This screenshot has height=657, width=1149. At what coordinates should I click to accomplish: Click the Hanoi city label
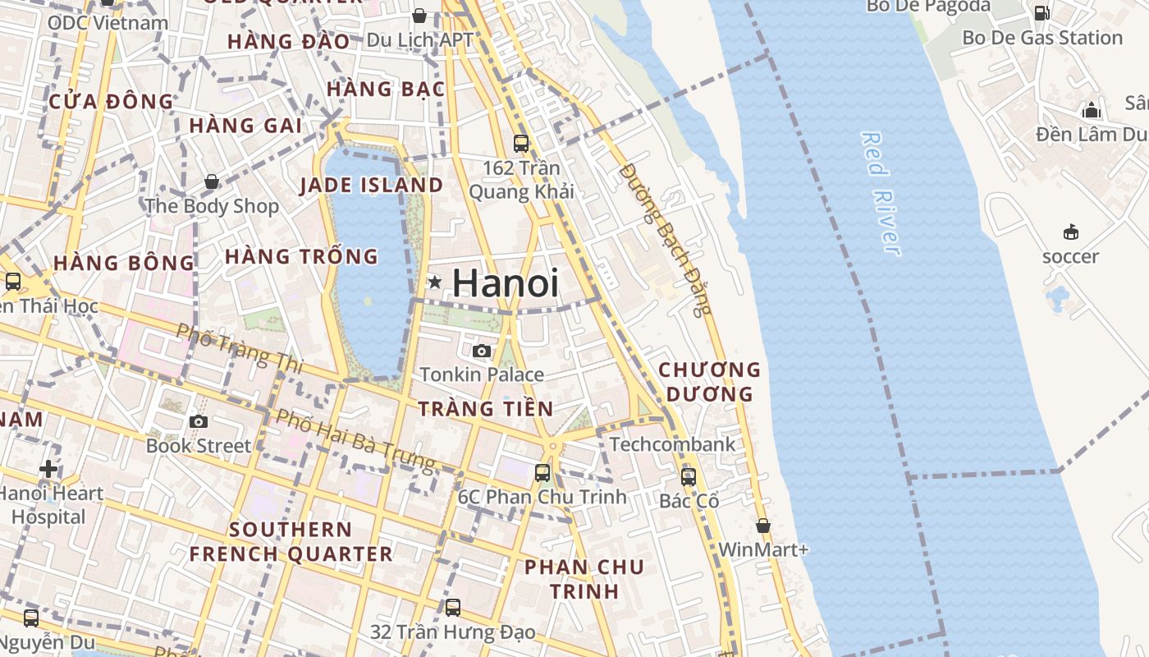pyautogui.click(x=506, y=283)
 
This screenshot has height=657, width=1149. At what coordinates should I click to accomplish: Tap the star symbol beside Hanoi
pyautogui.click(x=435, y=283)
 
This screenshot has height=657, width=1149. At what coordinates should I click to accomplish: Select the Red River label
pyautogui.click(x=880, y=193)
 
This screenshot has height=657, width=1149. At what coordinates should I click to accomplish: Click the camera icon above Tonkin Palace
pyautogui.click(x=482, y=351)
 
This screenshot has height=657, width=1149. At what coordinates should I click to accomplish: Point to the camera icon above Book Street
pyautogui.click(x=198, y=422)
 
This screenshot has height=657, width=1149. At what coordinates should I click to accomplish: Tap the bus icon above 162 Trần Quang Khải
pyautogui.click(x=521, y=144)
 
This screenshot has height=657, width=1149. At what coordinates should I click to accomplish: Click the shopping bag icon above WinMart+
pyautogui.click(x=763, y=526)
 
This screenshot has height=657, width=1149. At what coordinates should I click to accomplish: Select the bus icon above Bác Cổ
pyautogui.click(x=689, y=476)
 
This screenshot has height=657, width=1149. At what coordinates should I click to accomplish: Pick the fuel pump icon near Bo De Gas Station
pyautogui.click(x=1041, y=13)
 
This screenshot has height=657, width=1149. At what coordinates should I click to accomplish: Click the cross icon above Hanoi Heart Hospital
pyautogui.click(x=48, y=469)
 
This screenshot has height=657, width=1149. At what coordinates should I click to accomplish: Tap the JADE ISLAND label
pyautogui.click(x=371, y=185)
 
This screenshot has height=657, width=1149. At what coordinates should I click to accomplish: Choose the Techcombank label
pyautogui.click(x=672, y=444)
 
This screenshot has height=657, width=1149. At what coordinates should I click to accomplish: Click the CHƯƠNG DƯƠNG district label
pyautogui.click(x=710, y=382)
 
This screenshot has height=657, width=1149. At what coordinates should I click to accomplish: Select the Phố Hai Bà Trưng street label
pyautogui.click(x=355, y=440)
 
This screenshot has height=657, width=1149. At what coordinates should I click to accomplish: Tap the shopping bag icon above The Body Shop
pyautogui.click(x=212, y=181)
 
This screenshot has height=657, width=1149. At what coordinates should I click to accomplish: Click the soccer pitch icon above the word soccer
pyautogui.click(x=1070, y=232)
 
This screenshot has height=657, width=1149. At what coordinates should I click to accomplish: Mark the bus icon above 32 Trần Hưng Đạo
pyautogui.click(x=453, y=608)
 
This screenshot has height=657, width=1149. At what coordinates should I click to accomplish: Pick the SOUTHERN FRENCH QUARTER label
pyautogui.click(x=291, y=541)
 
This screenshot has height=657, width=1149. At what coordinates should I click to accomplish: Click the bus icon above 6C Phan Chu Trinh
pyautogui.click(x=542, y=473)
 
